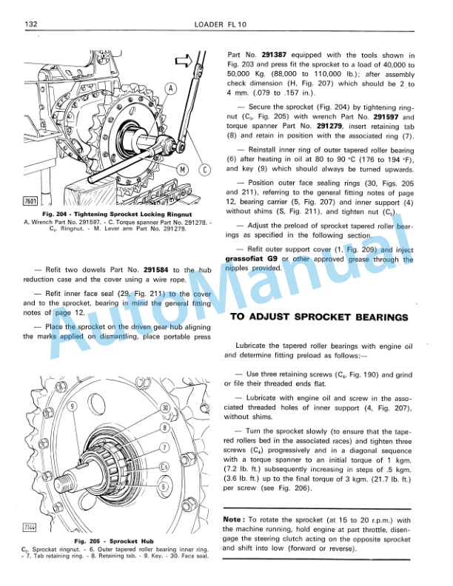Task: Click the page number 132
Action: coord(32,24)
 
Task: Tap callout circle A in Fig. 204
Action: coord(171,89)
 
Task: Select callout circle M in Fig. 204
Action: coord(181,169)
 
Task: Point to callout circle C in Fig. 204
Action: coord(205,169)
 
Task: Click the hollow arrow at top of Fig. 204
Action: coord(186,58)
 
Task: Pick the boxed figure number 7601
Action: coord(31,201)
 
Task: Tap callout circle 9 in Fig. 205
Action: coord(72,406)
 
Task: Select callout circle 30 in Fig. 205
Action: coord(164,408)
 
